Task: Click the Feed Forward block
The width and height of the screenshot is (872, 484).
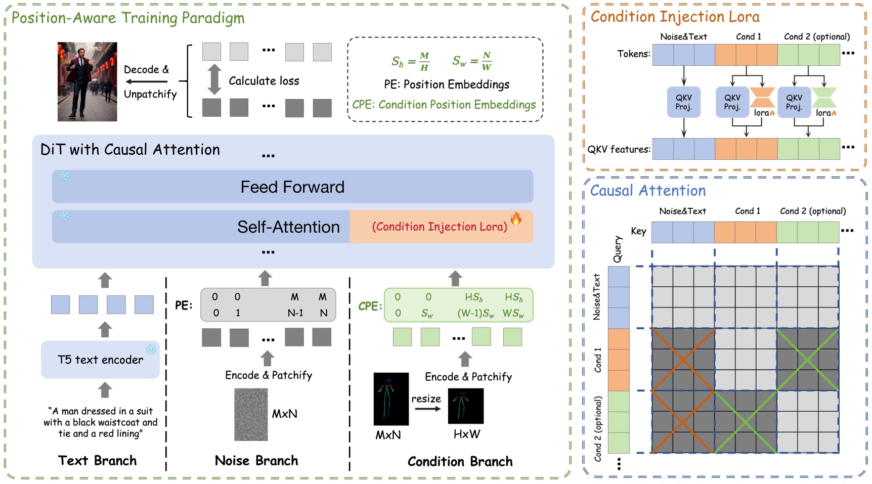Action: [x=292, y=187]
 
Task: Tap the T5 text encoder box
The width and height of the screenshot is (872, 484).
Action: [x=100, y=360]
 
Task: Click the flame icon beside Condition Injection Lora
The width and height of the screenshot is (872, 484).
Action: [x=516, y=218]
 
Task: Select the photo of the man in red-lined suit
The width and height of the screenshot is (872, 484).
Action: [x=87, y=81]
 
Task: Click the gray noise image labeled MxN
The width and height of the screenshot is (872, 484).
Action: [x=251, y=414]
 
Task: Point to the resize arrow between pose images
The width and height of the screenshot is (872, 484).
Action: [x=427, y=409]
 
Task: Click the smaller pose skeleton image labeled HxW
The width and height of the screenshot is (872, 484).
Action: [x=465, y=406]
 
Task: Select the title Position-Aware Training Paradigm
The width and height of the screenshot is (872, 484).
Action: [x=128, y=18]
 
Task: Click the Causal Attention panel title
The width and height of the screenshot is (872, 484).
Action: [x=647, y=191]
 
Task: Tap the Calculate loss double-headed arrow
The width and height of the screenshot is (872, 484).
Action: [x=214, y=79]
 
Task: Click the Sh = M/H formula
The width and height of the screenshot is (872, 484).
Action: [x=410, y=61]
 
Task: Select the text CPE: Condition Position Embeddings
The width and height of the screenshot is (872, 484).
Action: [x=444, y=105]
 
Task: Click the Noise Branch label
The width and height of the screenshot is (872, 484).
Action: [x=256, y=461]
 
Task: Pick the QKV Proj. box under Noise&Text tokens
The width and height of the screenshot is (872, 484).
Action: [x=683, y=102]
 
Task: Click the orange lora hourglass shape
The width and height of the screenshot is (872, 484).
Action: [x=762, y=97]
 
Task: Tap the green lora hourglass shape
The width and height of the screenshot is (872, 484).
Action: [x=824, y=97]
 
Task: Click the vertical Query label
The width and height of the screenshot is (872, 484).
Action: [x=618, y=249]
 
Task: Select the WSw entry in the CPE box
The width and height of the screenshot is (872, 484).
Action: [x=513, y=314]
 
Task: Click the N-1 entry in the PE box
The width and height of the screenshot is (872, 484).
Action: [x=295, y=313]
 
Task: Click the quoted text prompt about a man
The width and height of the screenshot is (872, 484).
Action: [x=100, y=422]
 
